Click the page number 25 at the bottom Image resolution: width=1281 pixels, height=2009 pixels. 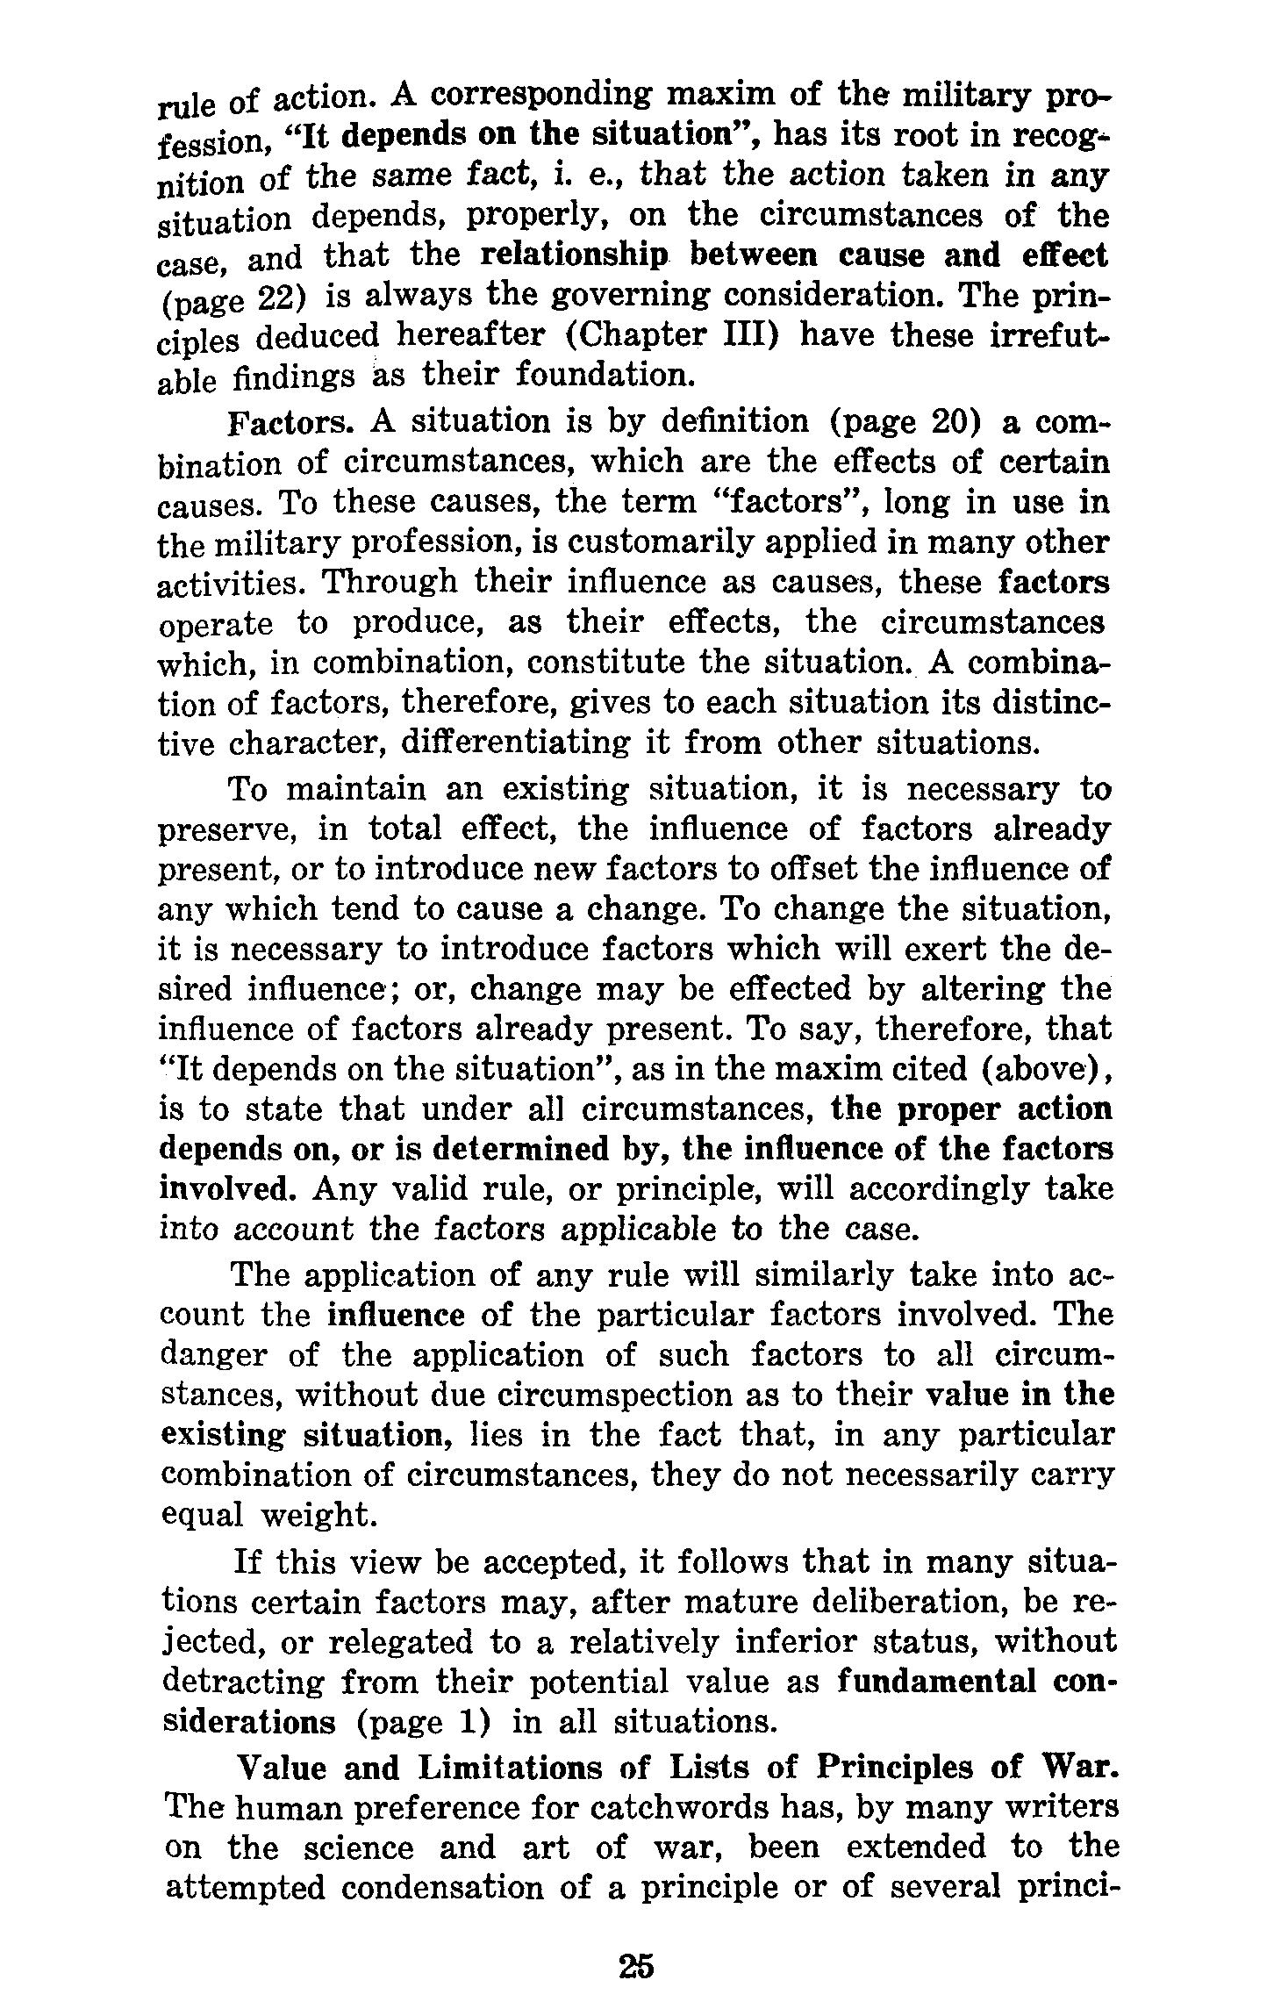pyautogui.click(x=636, y=1966)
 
